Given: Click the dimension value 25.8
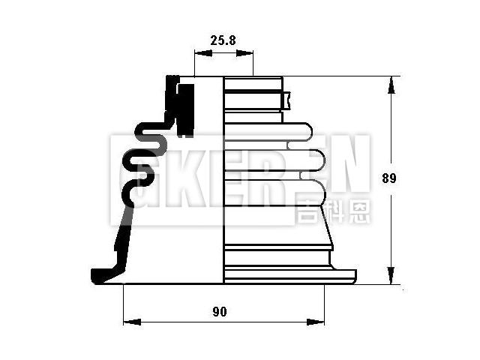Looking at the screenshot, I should click(x=223, y=40).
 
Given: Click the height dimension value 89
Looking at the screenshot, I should click(x=388, y=178).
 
